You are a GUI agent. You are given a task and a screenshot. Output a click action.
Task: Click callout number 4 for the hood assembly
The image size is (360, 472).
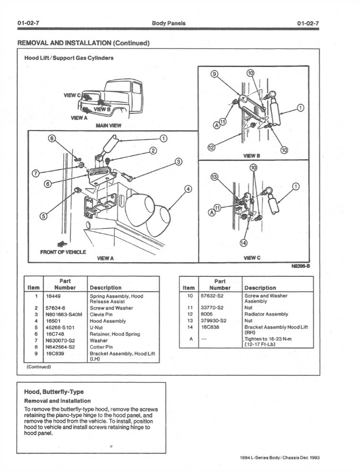(x=188, y=189)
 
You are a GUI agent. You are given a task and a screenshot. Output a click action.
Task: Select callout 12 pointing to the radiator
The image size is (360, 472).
(x=212, y=148)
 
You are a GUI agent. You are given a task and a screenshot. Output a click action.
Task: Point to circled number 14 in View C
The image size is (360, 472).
(x=243, y=243)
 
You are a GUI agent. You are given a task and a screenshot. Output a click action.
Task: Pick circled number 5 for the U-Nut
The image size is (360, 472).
(x=43, y=217)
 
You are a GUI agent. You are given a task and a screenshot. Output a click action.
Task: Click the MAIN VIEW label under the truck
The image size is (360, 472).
(x=108, y=126)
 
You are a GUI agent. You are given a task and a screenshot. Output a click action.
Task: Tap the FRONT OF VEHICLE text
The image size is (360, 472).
(x=63, y=252)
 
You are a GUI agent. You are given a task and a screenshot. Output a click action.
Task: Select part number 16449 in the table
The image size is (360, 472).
(x=53, y=296)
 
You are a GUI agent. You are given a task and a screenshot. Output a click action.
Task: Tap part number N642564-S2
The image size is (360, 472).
(x=60, y=346)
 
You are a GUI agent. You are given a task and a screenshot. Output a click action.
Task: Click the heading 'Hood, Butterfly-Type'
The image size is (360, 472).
(x=53, y=392)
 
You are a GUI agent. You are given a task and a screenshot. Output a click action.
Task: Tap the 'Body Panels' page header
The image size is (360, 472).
(x=169, y=23)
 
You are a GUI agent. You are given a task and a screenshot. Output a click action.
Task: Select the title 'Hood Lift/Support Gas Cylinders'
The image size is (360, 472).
(x=69, y=58)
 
